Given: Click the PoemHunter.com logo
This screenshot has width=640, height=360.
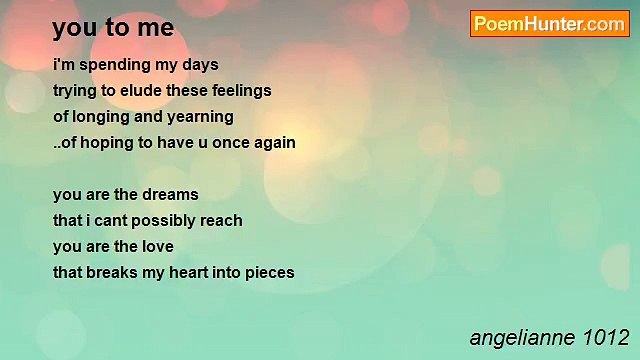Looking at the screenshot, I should (x=549, y=24).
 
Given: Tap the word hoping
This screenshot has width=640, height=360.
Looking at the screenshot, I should (x=104, y=143).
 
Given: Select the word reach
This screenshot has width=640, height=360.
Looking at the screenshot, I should (x=222, y=220).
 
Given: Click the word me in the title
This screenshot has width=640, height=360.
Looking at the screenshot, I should (x=157, y=28).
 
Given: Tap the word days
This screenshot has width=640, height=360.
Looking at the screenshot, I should (x=196, y=65).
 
